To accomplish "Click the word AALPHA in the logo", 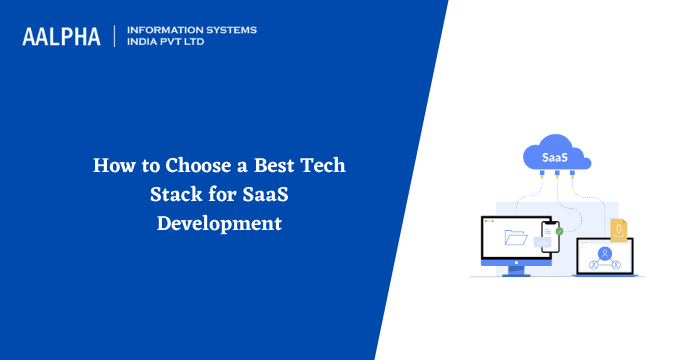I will (x=61, y=37).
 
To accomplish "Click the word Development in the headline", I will (x=219, y=222).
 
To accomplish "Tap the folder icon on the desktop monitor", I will (x=516, y=238).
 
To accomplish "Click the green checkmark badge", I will (x=559, y=231).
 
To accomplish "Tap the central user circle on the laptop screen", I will (x=604, y=253).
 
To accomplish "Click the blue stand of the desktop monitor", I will (x=516, y=268).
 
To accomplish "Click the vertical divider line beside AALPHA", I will (x=115, y=37).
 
